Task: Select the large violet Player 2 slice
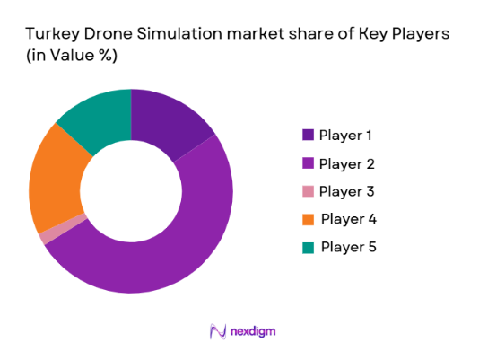coord(170,251)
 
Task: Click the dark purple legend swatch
coord(308,136)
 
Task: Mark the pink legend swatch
coord(308,191)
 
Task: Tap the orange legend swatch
coord(308,219)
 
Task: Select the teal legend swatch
coord(308,246)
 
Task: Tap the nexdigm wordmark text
coord(252,332)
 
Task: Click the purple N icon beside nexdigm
coord(216,332)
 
